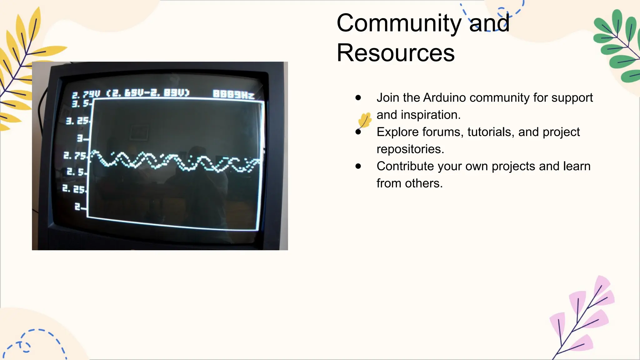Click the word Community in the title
tap(399, 23)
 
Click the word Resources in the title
tap(395, 53)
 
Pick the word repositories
tap(410, 149)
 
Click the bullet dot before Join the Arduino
tap(358, 98)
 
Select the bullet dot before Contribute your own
tap(358, 166)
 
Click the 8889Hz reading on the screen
tap(233, 94)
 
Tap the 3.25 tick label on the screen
tap(77, 121)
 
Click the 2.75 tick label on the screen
tap(75, 155)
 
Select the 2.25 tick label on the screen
tap(74, 189)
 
